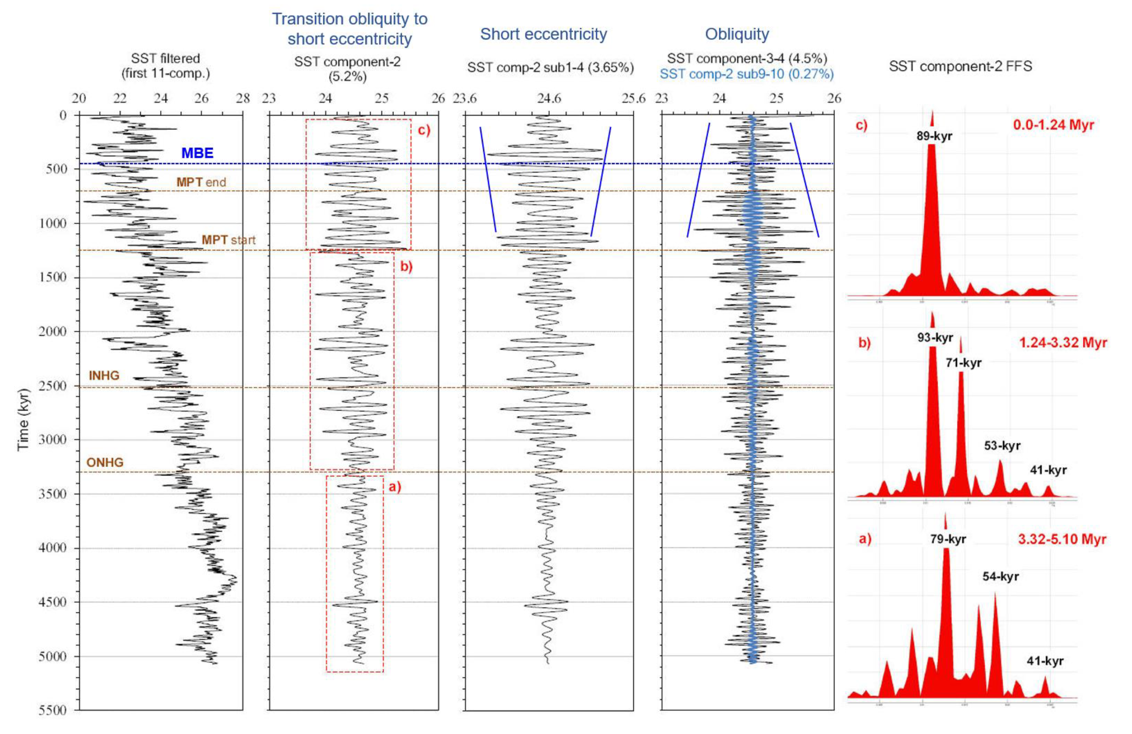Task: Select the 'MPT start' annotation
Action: tap(228, 240)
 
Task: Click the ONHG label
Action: tap(104, 462)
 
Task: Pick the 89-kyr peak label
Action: tap(934, 136)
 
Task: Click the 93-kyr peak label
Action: tap(935, 338)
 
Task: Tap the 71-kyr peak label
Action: tap(963, 363)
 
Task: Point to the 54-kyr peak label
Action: tap(1000, 576)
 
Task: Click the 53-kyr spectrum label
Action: tap(1002, 446)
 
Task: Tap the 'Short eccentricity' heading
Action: tap(543, 34)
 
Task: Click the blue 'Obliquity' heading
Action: tap(736, 34)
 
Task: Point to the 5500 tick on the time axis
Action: tap(52, 710)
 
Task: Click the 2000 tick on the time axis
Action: tap(52, 331)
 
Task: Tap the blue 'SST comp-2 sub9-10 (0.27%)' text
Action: tap(746, 74)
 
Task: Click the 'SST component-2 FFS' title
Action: tap(960, 66)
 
